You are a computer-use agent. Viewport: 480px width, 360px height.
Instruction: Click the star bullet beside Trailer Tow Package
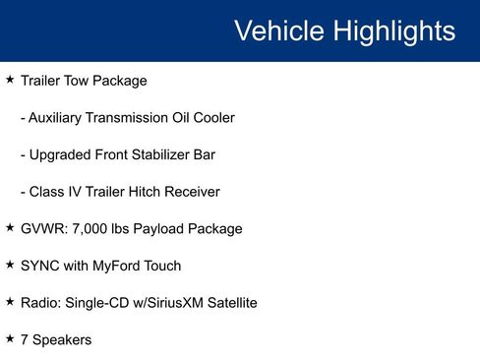pos(10,79)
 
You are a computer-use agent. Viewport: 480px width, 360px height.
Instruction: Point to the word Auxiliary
pos(61,118)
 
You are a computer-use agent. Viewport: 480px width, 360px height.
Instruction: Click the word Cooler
pos(212,118)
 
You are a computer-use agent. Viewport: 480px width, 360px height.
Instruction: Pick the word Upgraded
pos(62,155)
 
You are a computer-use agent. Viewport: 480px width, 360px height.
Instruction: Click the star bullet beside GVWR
pos(10,227)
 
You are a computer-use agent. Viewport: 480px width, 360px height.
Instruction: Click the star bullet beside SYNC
pos(10,264)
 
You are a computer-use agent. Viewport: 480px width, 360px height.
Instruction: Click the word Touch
pos(163,266)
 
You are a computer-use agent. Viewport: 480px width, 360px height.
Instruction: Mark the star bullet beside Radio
pos(10,301)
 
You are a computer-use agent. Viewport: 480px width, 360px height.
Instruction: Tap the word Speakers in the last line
pos(62,340)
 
